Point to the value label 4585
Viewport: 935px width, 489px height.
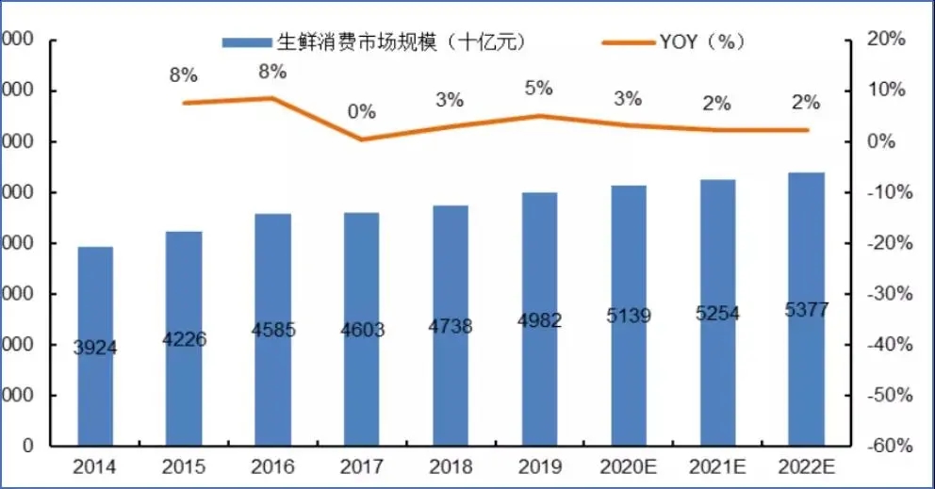point(273,331)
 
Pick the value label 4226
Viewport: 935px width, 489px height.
point(185,340)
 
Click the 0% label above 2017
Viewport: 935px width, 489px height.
point(361,111)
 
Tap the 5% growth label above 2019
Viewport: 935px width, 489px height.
point(538,89)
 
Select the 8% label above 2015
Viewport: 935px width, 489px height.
point(183,75)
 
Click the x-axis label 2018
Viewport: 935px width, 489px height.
point(450,467)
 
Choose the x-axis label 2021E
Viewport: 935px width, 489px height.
point(717,467)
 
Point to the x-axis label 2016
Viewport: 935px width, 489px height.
point(272,467)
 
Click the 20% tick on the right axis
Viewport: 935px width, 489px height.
point(885,40)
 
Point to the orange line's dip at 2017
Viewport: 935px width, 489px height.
point(361,139)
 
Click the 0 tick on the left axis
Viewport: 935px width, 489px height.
point(28,446)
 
